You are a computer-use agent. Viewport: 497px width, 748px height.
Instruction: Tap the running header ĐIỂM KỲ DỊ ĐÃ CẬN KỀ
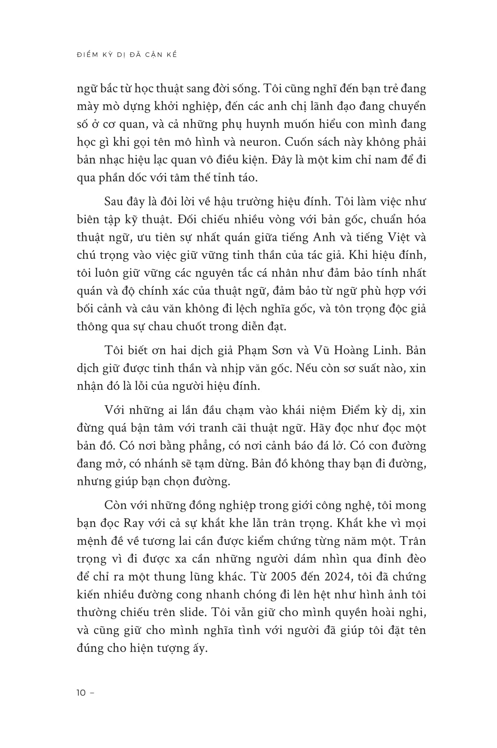[x=127, y=55]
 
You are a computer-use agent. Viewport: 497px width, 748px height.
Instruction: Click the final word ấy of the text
[x=197, y=648]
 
